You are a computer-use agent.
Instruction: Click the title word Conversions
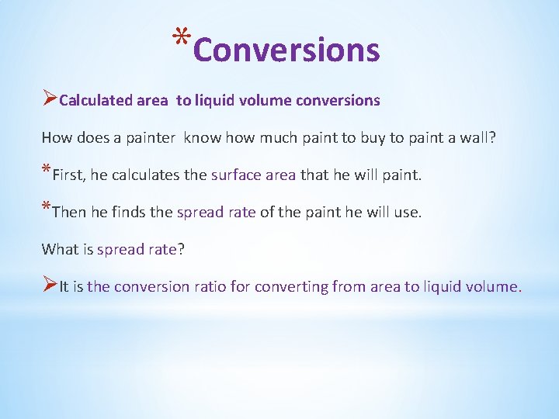coord(286,50)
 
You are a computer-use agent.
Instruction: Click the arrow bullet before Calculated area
coord(49,99)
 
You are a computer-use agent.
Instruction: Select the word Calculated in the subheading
coord(95,100)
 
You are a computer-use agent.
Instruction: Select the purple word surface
coord(236,175)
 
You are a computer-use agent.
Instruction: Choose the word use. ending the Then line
coord(408,212)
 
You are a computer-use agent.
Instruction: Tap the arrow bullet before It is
coord(49,286)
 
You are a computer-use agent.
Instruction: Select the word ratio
coord(210,286)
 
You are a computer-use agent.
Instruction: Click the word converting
coord(290,286)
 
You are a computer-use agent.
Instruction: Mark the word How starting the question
coord(56,137)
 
